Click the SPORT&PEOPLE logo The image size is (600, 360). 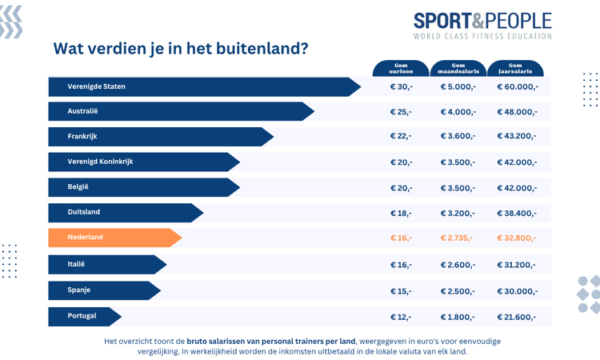482,20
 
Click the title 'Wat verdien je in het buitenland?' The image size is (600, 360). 181,48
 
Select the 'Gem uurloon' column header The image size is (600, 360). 401,69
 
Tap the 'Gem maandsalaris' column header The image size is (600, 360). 458,69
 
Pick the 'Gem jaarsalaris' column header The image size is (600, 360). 515,69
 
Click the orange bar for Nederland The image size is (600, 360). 112,238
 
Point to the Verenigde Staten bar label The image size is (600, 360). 97,86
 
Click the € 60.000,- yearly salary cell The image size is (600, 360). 518,87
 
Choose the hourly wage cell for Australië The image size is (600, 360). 401,112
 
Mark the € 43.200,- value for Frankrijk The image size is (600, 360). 517,138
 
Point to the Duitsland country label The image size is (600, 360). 85,212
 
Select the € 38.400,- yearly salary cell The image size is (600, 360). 517,214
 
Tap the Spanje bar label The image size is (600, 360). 80,290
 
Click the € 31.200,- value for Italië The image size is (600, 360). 517,265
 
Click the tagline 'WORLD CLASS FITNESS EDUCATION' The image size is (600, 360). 482,36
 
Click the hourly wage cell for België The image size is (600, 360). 401,188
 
